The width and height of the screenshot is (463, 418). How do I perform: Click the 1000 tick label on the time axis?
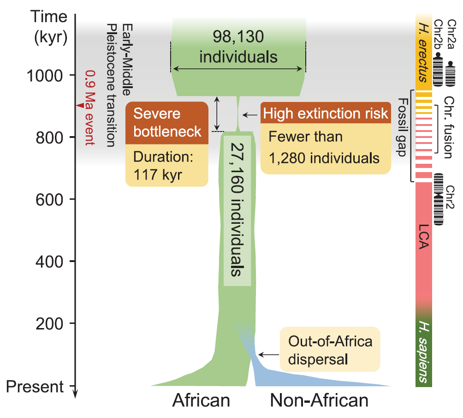point(47,75)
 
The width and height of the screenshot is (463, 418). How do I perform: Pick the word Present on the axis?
point(37,387)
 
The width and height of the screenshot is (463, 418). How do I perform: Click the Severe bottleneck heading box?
point(166,122)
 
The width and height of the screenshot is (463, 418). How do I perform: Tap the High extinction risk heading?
point(326,113)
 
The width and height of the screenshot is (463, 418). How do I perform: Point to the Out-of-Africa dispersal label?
point(330,350)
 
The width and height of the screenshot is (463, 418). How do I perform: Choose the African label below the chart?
point(201,400)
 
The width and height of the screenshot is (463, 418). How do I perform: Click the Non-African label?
point(319,400)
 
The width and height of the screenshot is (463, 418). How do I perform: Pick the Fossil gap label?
point(403,127)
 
